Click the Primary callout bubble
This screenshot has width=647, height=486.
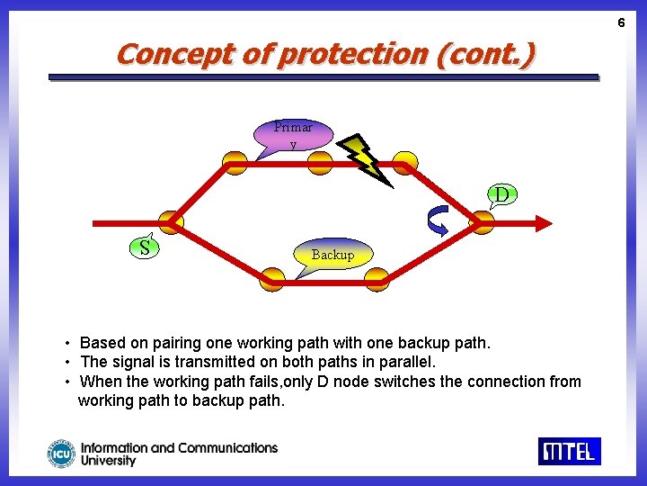pyautogui.click(x=293, y=135)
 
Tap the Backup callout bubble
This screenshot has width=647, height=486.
pyautogui.click(x=332, y=255)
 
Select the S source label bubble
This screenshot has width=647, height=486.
pyautogui.click(x=145, y=247)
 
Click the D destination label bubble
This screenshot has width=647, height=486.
pyautogui.click(x=501, y=194)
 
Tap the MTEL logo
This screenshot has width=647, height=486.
pyautogui.click(x=569, y=450)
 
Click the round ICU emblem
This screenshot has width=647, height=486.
pyautogui.click(x=62, y=454)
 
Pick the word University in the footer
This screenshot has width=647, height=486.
pyautogui.click(x=108, y=461)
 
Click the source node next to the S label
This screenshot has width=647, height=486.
pyautogui.click(x=171, y=222)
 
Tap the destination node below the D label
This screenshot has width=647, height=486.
pyautogui.click(x=482, y=222)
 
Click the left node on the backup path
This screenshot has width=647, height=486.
pyautogui.click(x=271, y=280)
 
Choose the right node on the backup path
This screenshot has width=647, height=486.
pyautogui.click(x=377, y=280)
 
